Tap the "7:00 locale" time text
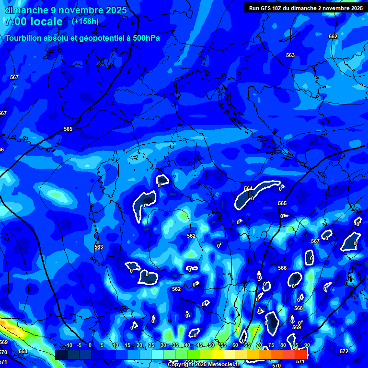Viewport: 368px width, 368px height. point(33,22)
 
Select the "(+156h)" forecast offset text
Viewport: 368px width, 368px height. point(85,21)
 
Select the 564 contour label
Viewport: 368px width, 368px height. point(248,188)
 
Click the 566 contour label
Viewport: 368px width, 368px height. point(282,268)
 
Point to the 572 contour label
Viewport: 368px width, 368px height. point(344,351)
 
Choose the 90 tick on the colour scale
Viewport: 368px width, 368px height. point(307,345)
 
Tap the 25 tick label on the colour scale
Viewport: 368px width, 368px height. point(151,345)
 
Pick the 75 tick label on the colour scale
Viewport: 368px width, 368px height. point(271,345)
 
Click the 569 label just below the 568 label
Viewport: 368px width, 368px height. point(296,327)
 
